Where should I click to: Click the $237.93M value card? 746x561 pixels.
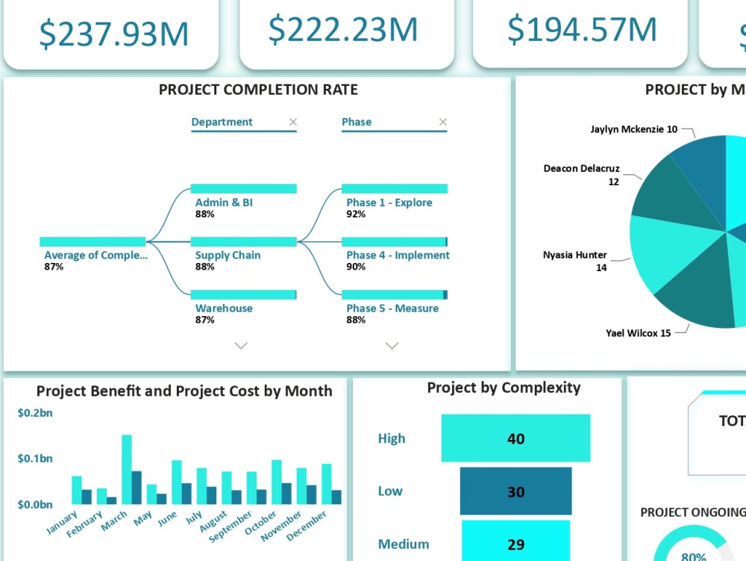coord(113,34)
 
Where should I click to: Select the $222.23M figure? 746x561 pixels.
coord(343,29)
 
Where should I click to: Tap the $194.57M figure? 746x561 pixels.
coord(582,29)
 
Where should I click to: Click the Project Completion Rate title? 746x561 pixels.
coord(258,90)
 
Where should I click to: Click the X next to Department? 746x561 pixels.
coord(293,122)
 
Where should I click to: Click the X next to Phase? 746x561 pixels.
coord(443,122)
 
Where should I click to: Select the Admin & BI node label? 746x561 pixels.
coord(224,202)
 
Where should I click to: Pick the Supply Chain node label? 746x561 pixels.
coord(228,255)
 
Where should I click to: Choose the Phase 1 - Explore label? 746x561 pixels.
coord(389,202)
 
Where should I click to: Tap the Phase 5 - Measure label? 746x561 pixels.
coord(392,308)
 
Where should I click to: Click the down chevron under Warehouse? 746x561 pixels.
coord(241,345)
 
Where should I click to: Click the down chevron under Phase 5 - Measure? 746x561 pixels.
coord(392,345)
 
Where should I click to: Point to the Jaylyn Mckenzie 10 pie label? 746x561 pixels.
coord(633,129)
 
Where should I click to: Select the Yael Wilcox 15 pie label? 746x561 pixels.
coord(638,333)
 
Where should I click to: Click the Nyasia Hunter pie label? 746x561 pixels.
coord(574,255)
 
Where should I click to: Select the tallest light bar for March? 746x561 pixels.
coord(127,469)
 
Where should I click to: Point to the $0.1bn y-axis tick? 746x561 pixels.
coord(35,459)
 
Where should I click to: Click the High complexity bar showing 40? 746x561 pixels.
coord(515,438)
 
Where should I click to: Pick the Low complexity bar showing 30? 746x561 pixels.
coord(515,492)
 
